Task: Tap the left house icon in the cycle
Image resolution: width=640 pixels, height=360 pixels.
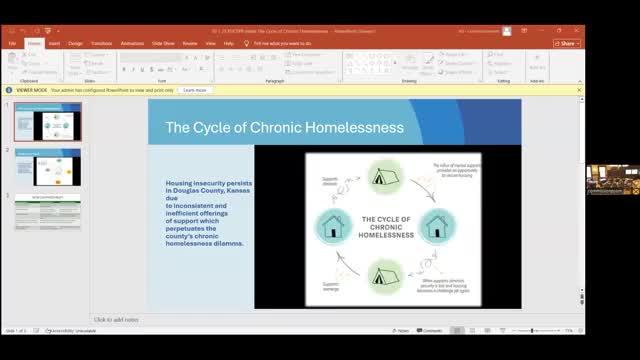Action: pyautogui.click(x=332, y=224)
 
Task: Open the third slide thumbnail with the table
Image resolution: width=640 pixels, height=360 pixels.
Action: pyautogui.click(x=48, y=212)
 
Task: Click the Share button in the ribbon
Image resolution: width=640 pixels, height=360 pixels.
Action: pyautogui.click(x=567, y=44)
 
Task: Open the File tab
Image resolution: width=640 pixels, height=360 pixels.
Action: pyautogui.click(x=12, y=44)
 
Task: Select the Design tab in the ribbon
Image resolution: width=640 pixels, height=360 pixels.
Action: pyautogui.click(x=76, y=44)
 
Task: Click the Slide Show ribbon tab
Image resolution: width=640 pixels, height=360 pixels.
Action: pyautogui.click(x=163, y=44)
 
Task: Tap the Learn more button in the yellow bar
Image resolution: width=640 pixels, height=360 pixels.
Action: pyautogui.click(x=195, y=90)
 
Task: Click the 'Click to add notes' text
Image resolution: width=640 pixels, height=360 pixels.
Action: pyautogui.click(x=116, y=320)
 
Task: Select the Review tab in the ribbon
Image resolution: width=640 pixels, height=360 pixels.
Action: pyautogui.click(x=190, y=44)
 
